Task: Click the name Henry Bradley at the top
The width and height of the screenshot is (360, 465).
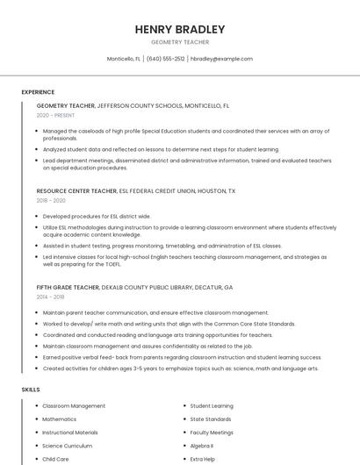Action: point(180,29)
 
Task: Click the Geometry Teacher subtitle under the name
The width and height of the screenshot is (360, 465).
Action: point(180,41)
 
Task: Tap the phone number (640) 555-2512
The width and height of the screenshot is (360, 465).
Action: point(165,59)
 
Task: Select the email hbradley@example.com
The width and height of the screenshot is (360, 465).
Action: point(221,59)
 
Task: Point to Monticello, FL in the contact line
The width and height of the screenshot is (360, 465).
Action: point(124,59)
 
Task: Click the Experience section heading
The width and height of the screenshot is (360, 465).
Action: point(38,91)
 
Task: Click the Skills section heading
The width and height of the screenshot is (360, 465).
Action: point(30,388)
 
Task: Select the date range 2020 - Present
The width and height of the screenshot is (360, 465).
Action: point(55,115)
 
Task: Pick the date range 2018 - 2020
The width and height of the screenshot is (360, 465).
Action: point(51,200)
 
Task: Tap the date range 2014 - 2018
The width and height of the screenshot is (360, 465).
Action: point(51,297)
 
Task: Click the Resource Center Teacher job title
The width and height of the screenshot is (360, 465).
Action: point(76,190)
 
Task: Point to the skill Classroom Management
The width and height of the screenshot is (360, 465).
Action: point(74,406)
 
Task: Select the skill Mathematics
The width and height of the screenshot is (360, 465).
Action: point(60,419)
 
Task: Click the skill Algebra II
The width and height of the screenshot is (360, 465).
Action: point(202,446)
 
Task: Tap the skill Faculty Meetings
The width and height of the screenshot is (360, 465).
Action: point(212,433)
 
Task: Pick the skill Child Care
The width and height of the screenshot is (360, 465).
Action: point(55,459)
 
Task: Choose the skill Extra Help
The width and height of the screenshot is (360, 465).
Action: point(203,459)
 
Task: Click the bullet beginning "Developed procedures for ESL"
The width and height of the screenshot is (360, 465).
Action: point(97,216)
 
